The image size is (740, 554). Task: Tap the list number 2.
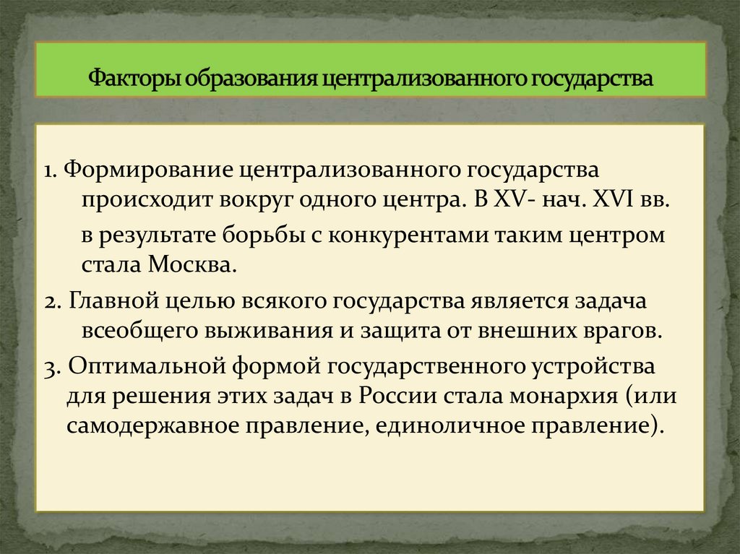(x=49, y=302)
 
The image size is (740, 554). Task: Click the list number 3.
(x=49, y=367)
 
